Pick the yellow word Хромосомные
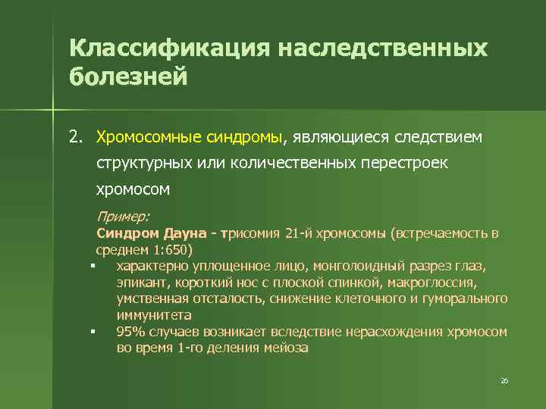click(149, 137)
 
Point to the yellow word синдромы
click(243, 137)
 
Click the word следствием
click(435, 137)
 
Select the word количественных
click(285, 163)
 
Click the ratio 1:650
click(172, 249)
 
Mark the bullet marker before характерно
click(90, 266)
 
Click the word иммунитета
click(154, 314)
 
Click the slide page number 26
click(504, 381)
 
